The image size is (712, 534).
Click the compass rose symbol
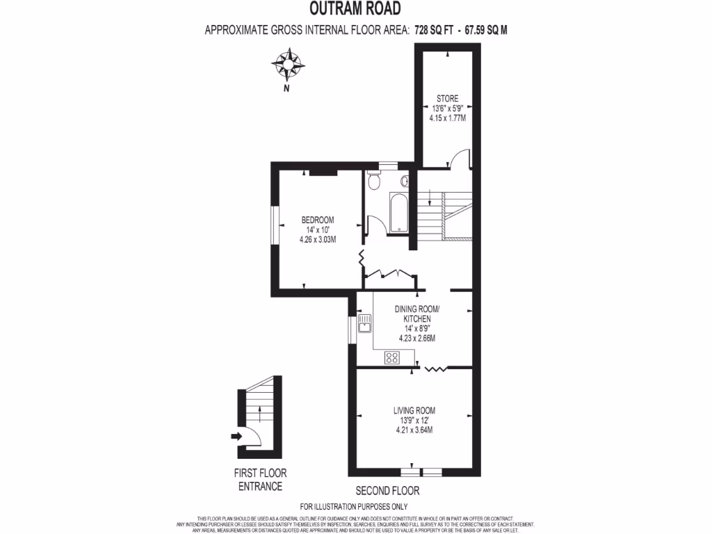[x=286, y=65]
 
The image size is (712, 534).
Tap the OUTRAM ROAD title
[x=355, y=9]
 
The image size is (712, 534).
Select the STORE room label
[x=447, y=98]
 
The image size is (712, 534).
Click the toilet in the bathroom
[x=374, y=181]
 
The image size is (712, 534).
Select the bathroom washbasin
[x=405, y=181]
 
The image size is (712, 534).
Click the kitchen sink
[x=364, y=324]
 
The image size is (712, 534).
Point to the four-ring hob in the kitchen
[x=392, y=357]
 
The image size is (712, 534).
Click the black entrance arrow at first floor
[x=236, y=437]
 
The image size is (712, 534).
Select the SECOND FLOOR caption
[x=387, y=490]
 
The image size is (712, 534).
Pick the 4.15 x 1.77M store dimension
[x=447, y=118]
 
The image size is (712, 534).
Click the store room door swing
[x=459, y=160]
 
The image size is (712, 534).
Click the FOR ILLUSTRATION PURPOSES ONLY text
[x=354, y=506]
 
